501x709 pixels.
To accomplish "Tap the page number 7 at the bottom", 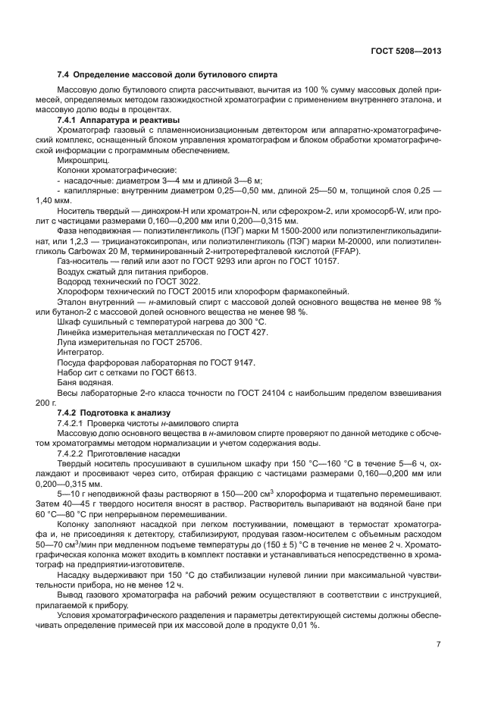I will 438,645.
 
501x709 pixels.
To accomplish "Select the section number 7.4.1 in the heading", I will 70,121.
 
